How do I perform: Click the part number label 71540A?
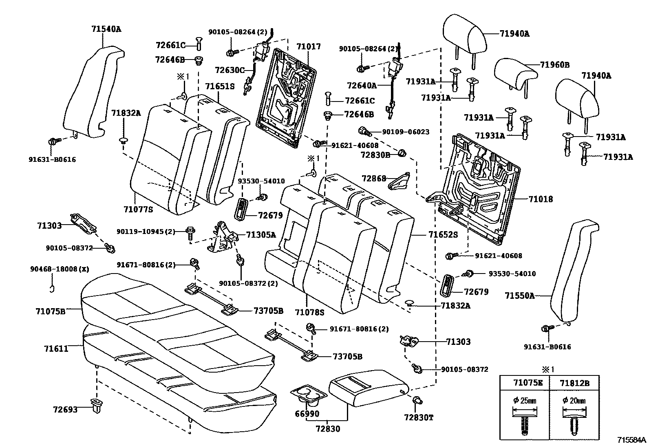click(106, 29)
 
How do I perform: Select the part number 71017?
click(308, 47)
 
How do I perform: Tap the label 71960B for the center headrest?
click(554, 65)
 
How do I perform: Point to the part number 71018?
click(541, 199)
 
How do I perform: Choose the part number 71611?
click(56, 349)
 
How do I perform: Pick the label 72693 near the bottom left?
click(65, 409)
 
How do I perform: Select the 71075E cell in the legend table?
click(524, 383)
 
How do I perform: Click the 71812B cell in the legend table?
click(574, 383)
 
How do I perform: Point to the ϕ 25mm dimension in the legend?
click(525, 401)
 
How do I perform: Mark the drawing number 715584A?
click(631, 440)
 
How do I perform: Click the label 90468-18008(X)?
click(59, 269)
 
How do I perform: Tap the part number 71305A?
click(261, 234)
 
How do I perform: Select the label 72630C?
click(230, 70)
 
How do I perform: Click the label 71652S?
click(443, 235)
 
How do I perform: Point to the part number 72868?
click(373, 178)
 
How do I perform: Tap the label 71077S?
click(138, 210)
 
